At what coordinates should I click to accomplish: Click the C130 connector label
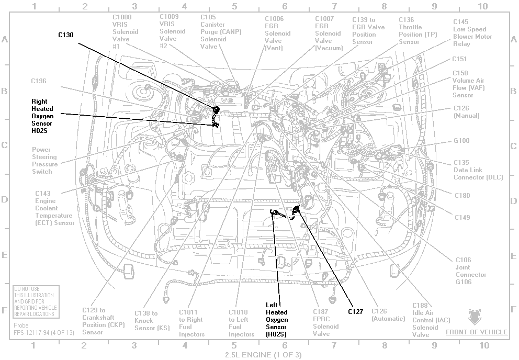click(65, 35)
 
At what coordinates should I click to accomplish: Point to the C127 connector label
click(355, 312)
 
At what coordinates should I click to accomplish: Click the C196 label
click(39, 81)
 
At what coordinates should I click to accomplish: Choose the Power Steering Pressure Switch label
click(45, 161)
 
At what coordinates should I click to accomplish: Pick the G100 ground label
click(461, 141)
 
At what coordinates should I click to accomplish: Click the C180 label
click(461, 196)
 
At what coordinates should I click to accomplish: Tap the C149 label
click(461, 217)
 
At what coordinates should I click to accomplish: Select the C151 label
click(460, 59)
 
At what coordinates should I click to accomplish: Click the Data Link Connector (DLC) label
click(478, 170)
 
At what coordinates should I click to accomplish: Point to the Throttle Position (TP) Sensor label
click(418, 31)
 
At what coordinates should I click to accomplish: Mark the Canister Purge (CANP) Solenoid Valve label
click(213, 31)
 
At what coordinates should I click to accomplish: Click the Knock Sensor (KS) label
click(146, 320)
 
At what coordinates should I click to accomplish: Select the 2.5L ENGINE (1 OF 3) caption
click(263, 355)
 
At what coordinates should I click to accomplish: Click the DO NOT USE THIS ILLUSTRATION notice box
click(36, 301)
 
